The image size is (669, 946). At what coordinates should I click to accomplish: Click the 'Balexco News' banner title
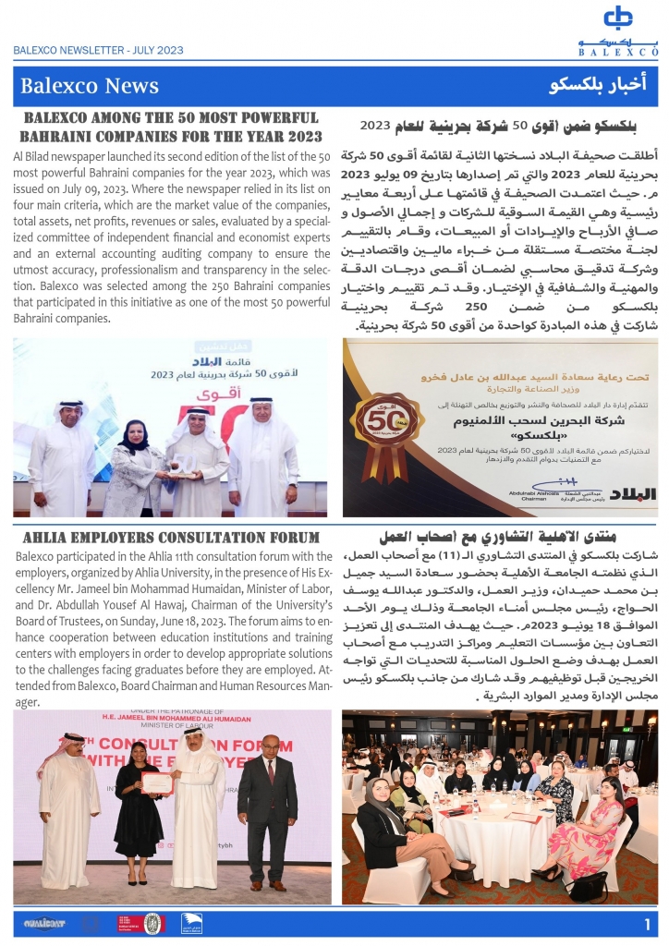point(89,87)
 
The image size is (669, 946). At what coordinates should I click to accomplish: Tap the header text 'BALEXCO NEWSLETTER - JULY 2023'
point(98,52)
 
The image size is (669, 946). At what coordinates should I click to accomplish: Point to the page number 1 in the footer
point(647,923)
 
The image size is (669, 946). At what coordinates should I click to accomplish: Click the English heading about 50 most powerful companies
point(171,127)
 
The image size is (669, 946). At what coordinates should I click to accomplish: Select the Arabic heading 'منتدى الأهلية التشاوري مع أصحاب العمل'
point(499,537)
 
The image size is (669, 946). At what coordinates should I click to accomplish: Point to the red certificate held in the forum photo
point(157,783)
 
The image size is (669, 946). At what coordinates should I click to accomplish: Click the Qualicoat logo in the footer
point(42,923)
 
